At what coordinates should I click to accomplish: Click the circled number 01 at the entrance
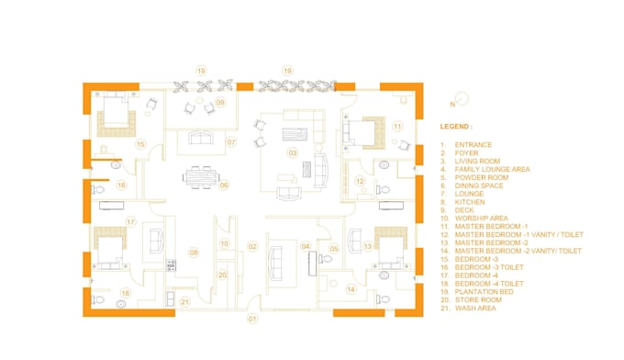tap(252, 320)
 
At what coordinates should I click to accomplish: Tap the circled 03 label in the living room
tap(293, 152)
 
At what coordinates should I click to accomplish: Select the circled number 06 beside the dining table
tap(223, 186)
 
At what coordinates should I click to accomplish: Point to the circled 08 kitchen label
tap(194, 252)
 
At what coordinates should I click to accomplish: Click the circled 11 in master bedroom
tap(397, 126)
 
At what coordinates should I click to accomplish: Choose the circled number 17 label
tap(131, 222)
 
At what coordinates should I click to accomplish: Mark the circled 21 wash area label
tap(184, 302)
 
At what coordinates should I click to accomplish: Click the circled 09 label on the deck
tap(220, 103)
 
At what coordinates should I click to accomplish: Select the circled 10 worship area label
tap(225, 243)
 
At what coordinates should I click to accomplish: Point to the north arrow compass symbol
tap(462, 98)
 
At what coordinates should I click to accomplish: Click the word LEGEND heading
tap(456, 126)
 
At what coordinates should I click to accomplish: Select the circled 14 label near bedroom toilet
tap(351, 289)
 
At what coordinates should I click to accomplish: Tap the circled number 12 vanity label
tap(361, 182)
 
